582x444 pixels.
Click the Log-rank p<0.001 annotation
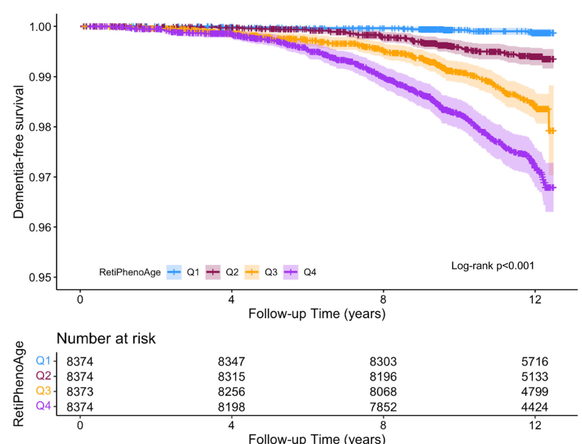click(493, 266)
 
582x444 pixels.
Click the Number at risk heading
click(106, 338)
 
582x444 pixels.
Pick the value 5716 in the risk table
click(535, 362)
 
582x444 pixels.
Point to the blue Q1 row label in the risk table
click(43, 361)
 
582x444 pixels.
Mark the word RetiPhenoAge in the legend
click(129, 272)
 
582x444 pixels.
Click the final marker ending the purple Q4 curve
click(552, 188)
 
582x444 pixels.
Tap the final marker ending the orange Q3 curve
click(552, 131)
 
